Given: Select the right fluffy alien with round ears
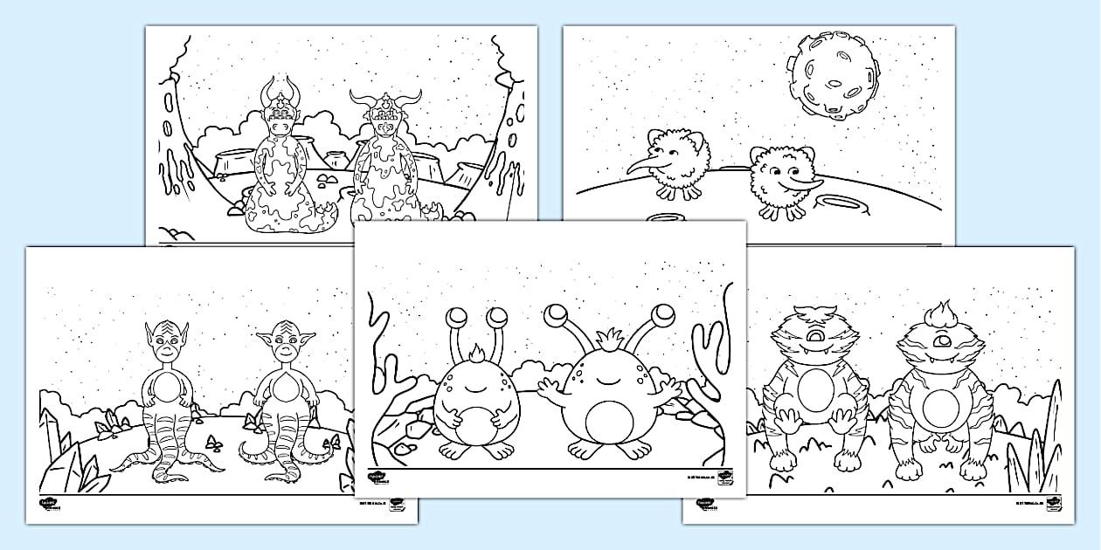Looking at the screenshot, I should click(x=780, y=179).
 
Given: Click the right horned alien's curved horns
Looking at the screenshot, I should click(x=385, y=95).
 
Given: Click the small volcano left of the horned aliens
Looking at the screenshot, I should click(x=231, y=162).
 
